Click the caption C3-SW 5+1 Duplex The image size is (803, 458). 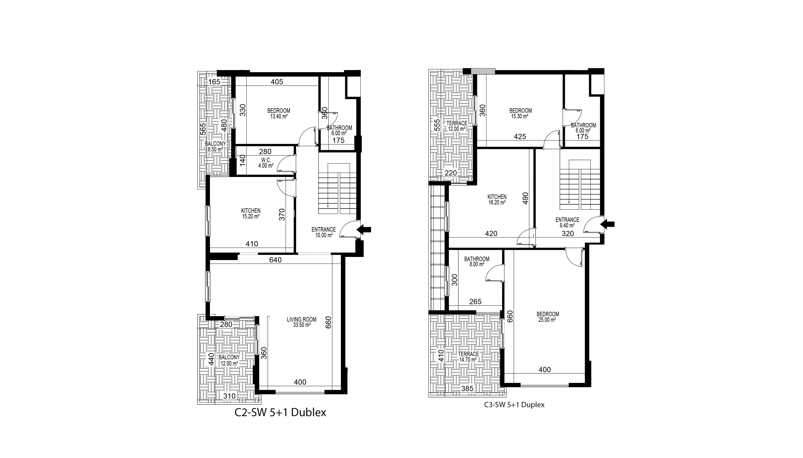click(x=514, y=405)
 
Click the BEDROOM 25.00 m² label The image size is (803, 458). click(x=548, y=317)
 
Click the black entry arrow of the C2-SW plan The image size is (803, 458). click(x=364, y=230)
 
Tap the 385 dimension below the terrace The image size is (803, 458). click(x=467, y=388)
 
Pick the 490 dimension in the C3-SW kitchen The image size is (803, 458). click(x=525, y=198)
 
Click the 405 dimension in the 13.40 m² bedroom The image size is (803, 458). click(x=277, y=82)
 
